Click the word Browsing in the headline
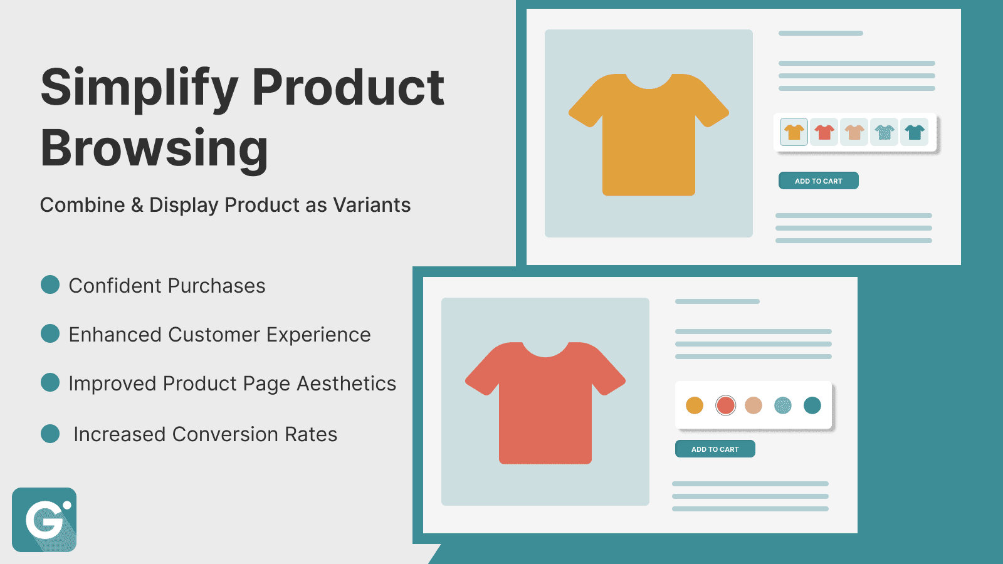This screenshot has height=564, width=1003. (x=154, y=149)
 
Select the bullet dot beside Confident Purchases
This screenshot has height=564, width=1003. (x=50, y=285)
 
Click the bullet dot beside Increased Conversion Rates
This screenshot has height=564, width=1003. (x=50, y=434)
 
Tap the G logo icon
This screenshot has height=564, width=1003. (x=44, y=520)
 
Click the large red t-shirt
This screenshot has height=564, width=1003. (x=545, y=407)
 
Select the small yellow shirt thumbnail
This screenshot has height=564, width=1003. (x=794, y=132)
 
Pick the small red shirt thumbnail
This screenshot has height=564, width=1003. (x=824, y=132)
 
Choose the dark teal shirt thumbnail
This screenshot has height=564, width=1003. (x=915, y=132)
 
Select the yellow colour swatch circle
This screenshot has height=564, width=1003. (x=695, y=405)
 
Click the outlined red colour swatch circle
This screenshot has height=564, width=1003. (x=725, y=405)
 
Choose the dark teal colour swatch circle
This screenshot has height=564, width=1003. (x=812, y=405)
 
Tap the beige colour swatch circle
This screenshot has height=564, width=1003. (x=754, y=405)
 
